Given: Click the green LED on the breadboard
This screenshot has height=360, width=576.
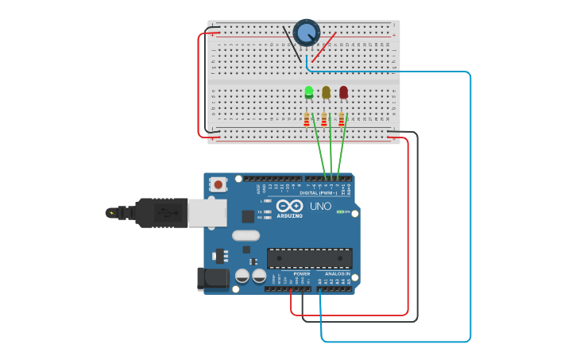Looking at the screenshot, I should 309,92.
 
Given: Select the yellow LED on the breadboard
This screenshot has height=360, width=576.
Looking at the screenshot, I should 326,92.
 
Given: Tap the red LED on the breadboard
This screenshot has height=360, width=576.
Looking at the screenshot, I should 343,92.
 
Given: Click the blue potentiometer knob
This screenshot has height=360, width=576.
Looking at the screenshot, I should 306,33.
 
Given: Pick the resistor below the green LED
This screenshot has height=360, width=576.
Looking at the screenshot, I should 307,119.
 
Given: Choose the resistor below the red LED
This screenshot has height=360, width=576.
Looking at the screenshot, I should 342,119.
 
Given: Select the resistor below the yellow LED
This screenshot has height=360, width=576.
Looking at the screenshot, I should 324,119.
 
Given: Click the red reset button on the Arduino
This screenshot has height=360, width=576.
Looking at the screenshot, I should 218,184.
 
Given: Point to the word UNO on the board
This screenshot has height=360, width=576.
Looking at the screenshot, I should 320,207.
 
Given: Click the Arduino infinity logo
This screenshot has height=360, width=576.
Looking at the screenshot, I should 290,207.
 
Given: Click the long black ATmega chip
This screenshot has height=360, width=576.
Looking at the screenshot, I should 309,257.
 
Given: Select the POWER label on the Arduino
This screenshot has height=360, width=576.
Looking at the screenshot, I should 302,274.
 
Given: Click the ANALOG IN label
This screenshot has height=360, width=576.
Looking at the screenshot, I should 337,274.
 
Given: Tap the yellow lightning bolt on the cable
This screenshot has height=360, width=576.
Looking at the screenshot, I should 111,213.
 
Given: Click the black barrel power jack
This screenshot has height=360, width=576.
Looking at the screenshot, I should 212,279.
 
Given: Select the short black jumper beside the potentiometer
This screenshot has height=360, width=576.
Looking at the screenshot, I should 292,44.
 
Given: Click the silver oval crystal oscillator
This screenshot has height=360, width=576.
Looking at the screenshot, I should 246,235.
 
